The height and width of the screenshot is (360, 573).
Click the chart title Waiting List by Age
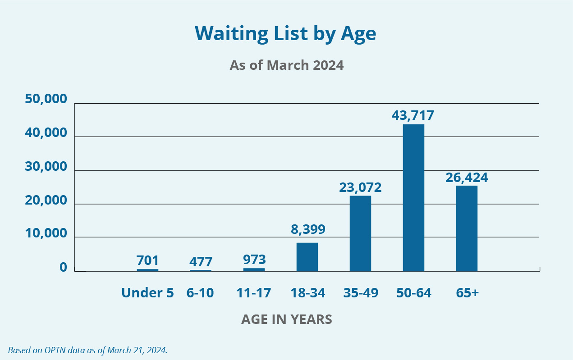point(285,33)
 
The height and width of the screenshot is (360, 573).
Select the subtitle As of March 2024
point(286,65)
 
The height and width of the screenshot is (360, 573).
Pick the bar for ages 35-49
point(360,233)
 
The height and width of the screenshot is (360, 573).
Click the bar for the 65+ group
point(467,228)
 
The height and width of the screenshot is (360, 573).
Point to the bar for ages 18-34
point(307,256)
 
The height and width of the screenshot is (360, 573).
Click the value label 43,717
point(413,115)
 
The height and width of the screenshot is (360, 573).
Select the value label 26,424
point(467,177)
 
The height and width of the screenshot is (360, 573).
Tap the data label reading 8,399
point(307,230)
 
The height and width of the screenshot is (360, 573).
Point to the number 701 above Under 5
point(147,260)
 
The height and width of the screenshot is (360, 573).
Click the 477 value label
point(201,262)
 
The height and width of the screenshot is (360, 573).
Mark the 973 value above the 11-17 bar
point(254,260)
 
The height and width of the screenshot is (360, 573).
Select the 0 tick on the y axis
point(63,268)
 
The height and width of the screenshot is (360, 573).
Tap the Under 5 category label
point(147,293)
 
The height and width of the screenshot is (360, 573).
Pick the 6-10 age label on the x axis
point(200,293)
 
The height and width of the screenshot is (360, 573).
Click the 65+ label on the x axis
point(467,293)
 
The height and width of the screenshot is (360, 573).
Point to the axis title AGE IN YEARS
point(286,319)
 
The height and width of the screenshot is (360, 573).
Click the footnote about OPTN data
point(87,350)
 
